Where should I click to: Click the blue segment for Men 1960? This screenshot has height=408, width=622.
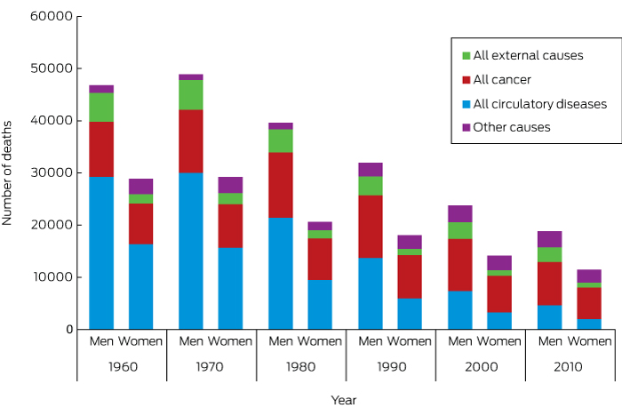pyautogui.click(x=101, y=253)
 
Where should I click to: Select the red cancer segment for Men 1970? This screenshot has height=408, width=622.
pyautogui.click(x=191, y=141)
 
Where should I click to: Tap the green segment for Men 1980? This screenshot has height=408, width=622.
pyautogui.click(x=281, y=140)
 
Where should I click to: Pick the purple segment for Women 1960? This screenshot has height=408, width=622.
pyautogui.click(x=140, y=187)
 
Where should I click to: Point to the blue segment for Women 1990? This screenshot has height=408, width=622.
pyautogui.click(x=410, y=314)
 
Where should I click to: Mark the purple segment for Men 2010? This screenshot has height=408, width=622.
pyautogui.click(x=550, y=239)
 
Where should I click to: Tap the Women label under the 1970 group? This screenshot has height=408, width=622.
pyautogui.click(x=231, y=341)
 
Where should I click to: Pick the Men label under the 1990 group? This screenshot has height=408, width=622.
pyautogui.click(x=370, y=341)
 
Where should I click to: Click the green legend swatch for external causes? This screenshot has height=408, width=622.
pyautogui.click(x=466, y=56)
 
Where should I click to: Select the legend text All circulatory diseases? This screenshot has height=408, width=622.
pyautogui.click(x=539, y=104)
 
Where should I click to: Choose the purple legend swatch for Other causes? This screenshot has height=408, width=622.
pyautogui.click(x=466, y=128)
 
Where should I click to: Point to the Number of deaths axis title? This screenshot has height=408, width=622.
pyautogui.click(x=8, y=173)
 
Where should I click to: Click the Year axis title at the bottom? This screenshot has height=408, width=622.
pyautogui.click(x=344, y=400)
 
